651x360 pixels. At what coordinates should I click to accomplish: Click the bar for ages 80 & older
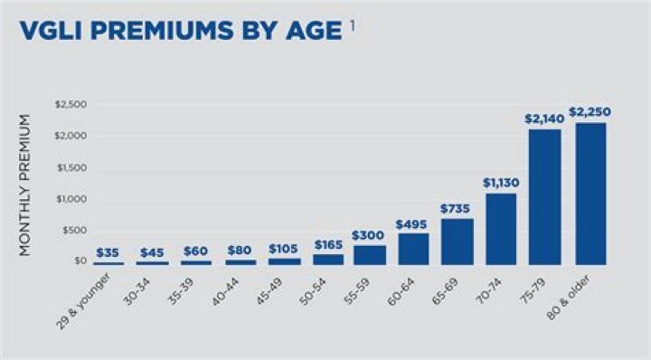click(x=590, y=194)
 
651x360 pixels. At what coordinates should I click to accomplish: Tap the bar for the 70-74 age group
click(x=501, y=228)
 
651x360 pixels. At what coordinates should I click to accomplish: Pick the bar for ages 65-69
click(x=458, y=241)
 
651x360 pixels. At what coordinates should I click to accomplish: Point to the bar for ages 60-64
click(x=413, y=248)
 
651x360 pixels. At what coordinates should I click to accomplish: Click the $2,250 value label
click(x=590, y=112)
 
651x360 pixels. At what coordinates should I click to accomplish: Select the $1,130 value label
click(x=501, y=183)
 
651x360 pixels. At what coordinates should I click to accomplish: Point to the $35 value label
click(x=108, y=253)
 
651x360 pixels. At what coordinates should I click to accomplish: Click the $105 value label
click(x=283, y=247)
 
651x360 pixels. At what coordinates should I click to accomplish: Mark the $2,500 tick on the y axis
click(x=72, y=105)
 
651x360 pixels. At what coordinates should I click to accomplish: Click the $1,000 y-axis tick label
click(x=72, y=199)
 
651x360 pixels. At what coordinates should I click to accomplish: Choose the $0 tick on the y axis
click(x=80, y=261)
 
